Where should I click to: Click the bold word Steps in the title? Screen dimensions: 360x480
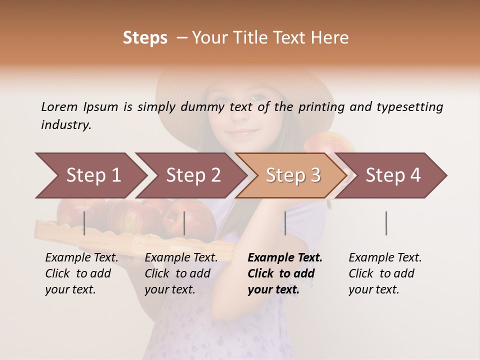(x=145, y=38)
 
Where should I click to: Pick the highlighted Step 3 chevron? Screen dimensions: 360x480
(x=293, y=175)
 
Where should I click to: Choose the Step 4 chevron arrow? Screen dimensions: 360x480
(x=393, y=175)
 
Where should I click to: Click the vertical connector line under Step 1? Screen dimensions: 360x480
(x=84, y=223)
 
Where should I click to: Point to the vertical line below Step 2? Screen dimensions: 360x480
(x=184, y=223)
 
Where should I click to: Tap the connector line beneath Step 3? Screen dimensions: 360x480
(x=285, y=223)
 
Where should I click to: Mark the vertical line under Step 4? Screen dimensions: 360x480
(x=386, y=223)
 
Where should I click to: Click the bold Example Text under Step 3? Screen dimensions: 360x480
(x=285, y=273)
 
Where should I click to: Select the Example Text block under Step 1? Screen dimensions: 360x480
(x=81, y=273)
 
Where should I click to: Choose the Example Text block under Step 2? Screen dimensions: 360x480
(x=181, y=273)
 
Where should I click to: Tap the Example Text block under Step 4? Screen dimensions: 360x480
(x=385, y=273)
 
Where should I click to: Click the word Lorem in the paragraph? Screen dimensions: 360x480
(x=59, y=106)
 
